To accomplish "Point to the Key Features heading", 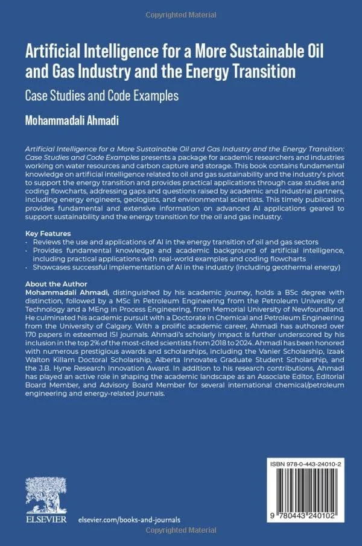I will pyautogui.click(x=48, y=233).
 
